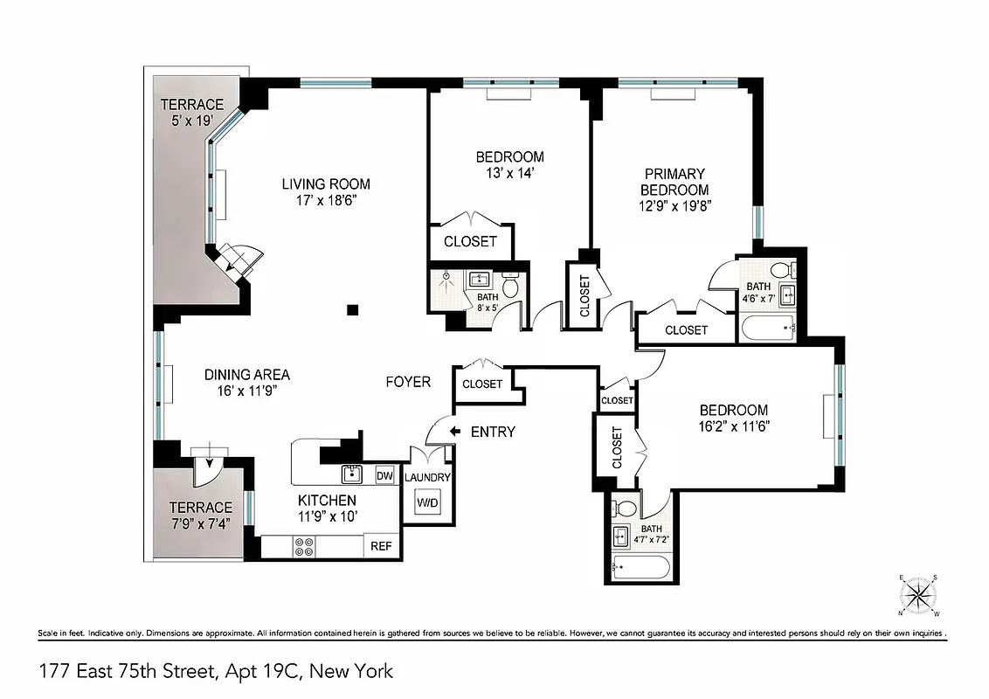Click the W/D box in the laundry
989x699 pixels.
click(x=426, y=503)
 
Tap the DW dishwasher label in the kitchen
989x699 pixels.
click(x=384, y=475)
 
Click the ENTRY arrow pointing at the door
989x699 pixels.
click(x=454, y=431)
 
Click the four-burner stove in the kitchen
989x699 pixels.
click(x=305, y=547)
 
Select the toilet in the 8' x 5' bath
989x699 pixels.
click(x=511, y=286)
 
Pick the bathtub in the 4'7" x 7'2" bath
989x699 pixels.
click(x=641, y=569)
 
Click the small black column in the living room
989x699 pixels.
click(x=352, y=308)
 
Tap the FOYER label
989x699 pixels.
click(x=409, y=382)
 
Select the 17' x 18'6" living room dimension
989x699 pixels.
click(x=325, y=200)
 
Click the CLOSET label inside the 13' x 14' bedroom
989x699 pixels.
click(x=470, y=242)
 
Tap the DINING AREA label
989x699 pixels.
click(x=247, y=375)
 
